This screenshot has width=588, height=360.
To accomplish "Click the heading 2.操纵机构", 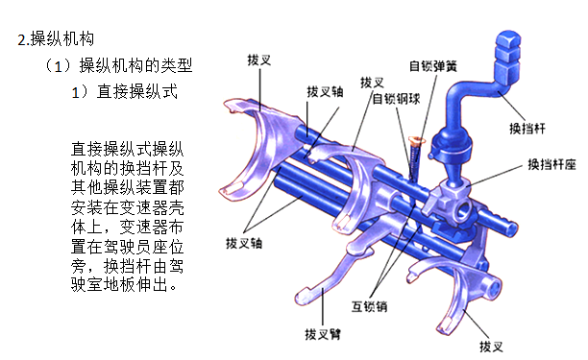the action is pos(56,39).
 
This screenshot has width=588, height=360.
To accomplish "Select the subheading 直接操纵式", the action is pos(136,91).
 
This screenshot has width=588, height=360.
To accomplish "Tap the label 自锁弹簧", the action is pos(433,66).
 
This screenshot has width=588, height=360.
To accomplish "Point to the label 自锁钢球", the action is pos(396,99).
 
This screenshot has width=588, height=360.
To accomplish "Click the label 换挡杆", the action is pos(527,129).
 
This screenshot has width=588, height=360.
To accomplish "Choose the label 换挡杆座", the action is pos(551,164).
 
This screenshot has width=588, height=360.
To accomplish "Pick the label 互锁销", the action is pos(369,306).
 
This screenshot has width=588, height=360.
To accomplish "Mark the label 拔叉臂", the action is pos(323,334).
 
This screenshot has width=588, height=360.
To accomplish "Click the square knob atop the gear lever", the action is pos(508,57).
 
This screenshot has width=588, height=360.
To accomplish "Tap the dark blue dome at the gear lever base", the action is pos(451,144).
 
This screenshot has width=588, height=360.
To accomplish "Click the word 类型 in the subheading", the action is pos(177,65).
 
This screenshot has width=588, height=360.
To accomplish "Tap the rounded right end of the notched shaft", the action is pos(513,228).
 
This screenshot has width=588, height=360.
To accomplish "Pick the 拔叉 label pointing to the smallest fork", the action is pos(491,347).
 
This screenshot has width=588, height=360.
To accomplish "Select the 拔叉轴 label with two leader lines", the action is pos(244,243).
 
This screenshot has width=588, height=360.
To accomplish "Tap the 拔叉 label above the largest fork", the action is pos(259,60).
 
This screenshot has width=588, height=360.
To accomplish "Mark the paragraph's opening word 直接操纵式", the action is pos(111,149).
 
